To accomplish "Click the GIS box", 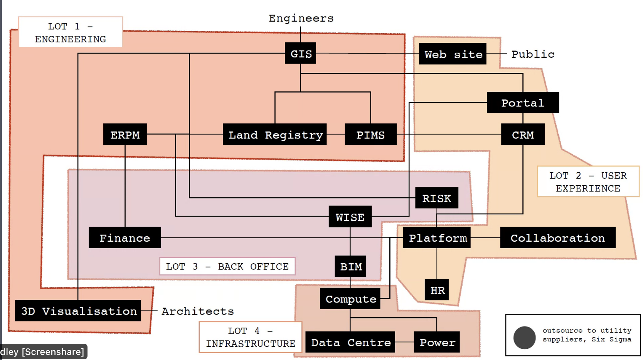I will [x=301, y=53].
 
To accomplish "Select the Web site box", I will [x=453, y=54].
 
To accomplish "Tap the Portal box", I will [x=523, y=103].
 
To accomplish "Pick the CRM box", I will [x=523, y=135].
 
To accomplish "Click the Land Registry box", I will [x=275, y=135].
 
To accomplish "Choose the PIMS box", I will [x=370, y=135].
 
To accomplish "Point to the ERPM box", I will [x=125, y=135].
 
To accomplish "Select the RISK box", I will [x=436, y=198].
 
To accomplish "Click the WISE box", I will [x=350, y=217].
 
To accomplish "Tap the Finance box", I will [x=125, y=238].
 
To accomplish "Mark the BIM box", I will [x=350, y=266].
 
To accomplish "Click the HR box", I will [x=437, y=290].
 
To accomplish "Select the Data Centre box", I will [x=350, y=342].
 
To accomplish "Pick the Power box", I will [x=437, y=342].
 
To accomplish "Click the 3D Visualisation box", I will [x=78, y=311].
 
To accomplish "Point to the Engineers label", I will [x=301, y=18].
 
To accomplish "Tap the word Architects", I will [x=197, y=311].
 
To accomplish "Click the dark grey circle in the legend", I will [x=524, y=338].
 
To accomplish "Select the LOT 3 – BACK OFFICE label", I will [x=227, y=266].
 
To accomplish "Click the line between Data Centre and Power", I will [x=404, y=342].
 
